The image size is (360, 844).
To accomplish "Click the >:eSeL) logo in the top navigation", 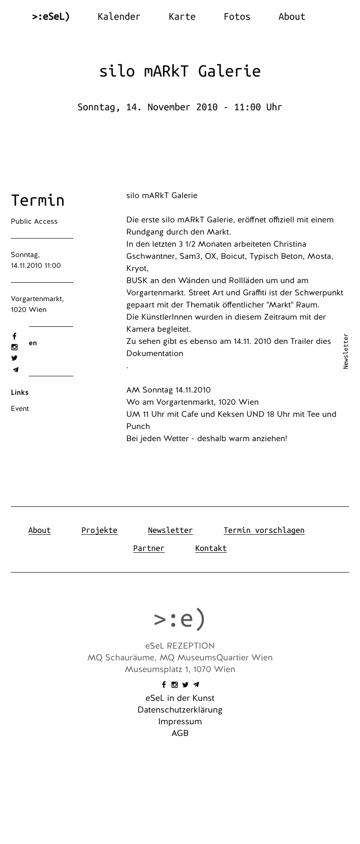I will [x=51, y=17].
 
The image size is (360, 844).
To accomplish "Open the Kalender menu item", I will [x=119, y=17].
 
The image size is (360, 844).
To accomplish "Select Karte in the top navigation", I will [x=182, y=17].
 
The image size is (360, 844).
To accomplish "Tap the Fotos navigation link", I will [x=237, y=17].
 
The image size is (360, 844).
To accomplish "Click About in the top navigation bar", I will [x=292, y=17].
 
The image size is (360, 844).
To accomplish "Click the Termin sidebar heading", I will [x=38, y=200].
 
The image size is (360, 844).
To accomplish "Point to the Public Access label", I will [x=34, y=221].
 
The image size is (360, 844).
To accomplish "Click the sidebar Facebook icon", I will [x=14, y=336].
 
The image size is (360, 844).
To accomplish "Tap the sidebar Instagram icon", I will [x=14, y=347].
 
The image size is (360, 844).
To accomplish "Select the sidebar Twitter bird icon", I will [x=14, y=358].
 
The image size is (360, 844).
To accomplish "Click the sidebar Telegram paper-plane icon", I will [x=15, y=370].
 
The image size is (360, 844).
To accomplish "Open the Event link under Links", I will [x=20, y=409].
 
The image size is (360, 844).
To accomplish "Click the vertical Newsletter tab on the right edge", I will [x=346, y=351].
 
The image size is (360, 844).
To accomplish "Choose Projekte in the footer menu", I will [x=99, y=530].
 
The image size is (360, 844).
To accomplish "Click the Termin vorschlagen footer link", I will [x=264, y=530].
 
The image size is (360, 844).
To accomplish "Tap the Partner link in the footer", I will [x=148, y=548].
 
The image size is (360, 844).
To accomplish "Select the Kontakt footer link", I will [x=211, y=548].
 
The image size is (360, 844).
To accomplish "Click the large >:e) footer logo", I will [x=180, y=619].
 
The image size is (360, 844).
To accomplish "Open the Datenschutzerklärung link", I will [x=180, y=710].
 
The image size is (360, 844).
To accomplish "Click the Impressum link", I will [x=180, y=722].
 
